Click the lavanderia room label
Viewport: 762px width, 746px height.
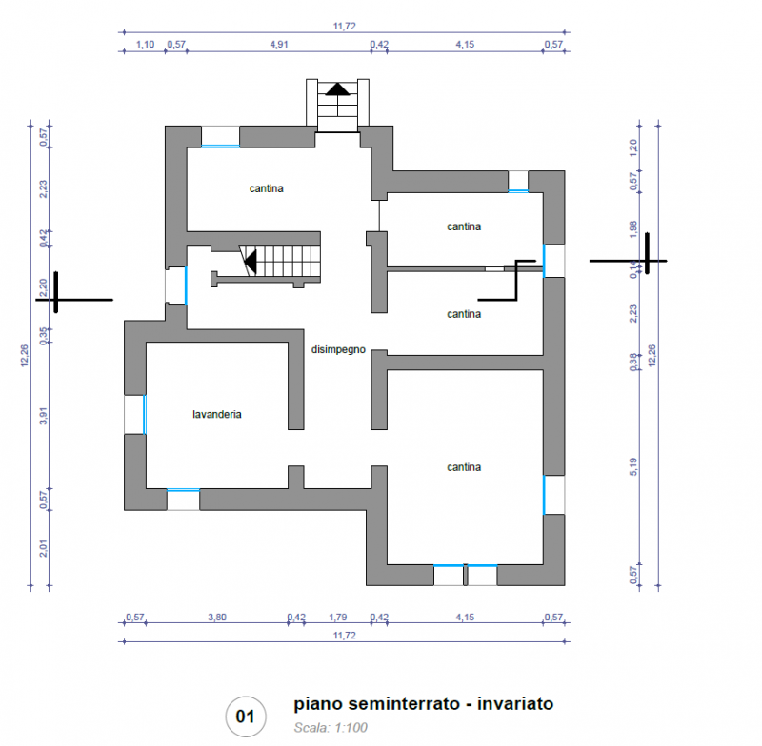(x=217, y=414)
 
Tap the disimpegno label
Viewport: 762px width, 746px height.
(x=338, y=349)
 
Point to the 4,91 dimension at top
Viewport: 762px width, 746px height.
(x=279, y=44)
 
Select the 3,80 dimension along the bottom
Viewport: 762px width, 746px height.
(x=217, y=617)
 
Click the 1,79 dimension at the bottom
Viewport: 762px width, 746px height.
(x=338, y=617)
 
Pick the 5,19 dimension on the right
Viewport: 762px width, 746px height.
(x=633, y=466)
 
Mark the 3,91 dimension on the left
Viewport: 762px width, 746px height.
(x=43, y=416)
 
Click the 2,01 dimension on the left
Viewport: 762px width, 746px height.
(x=43, y=548)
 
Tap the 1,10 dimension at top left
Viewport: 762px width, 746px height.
(x=145, y=44)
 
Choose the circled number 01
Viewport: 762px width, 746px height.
(x=246, y=717)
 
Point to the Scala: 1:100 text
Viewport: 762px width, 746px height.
(x=331, y=728)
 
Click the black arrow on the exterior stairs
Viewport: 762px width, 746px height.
(x=337, y=88)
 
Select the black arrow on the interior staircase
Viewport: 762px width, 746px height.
(x=250, y=262)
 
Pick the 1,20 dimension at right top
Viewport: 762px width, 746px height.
(x=633, y=147)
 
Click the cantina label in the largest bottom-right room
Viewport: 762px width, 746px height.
(x=464, y=467)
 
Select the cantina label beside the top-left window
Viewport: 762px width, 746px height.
(x=267, y=188)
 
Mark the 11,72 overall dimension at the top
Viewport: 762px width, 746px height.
(x=345, y=26)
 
